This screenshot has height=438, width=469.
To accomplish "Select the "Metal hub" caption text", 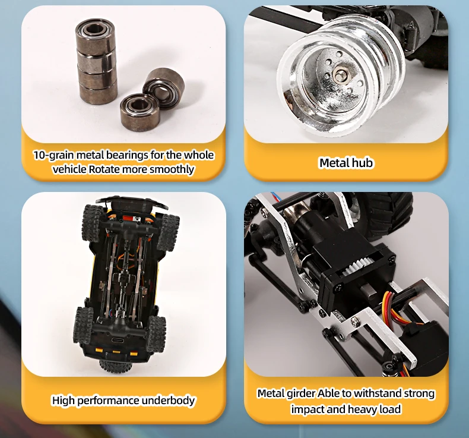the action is tap(346, 163).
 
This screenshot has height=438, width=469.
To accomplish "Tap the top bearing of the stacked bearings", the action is tap(96, 31).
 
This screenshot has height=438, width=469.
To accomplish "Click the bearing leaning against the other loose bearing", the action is tap(163, 87).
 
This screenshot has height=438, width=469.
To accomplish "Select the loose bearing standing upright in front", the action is tap(140, 112).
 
